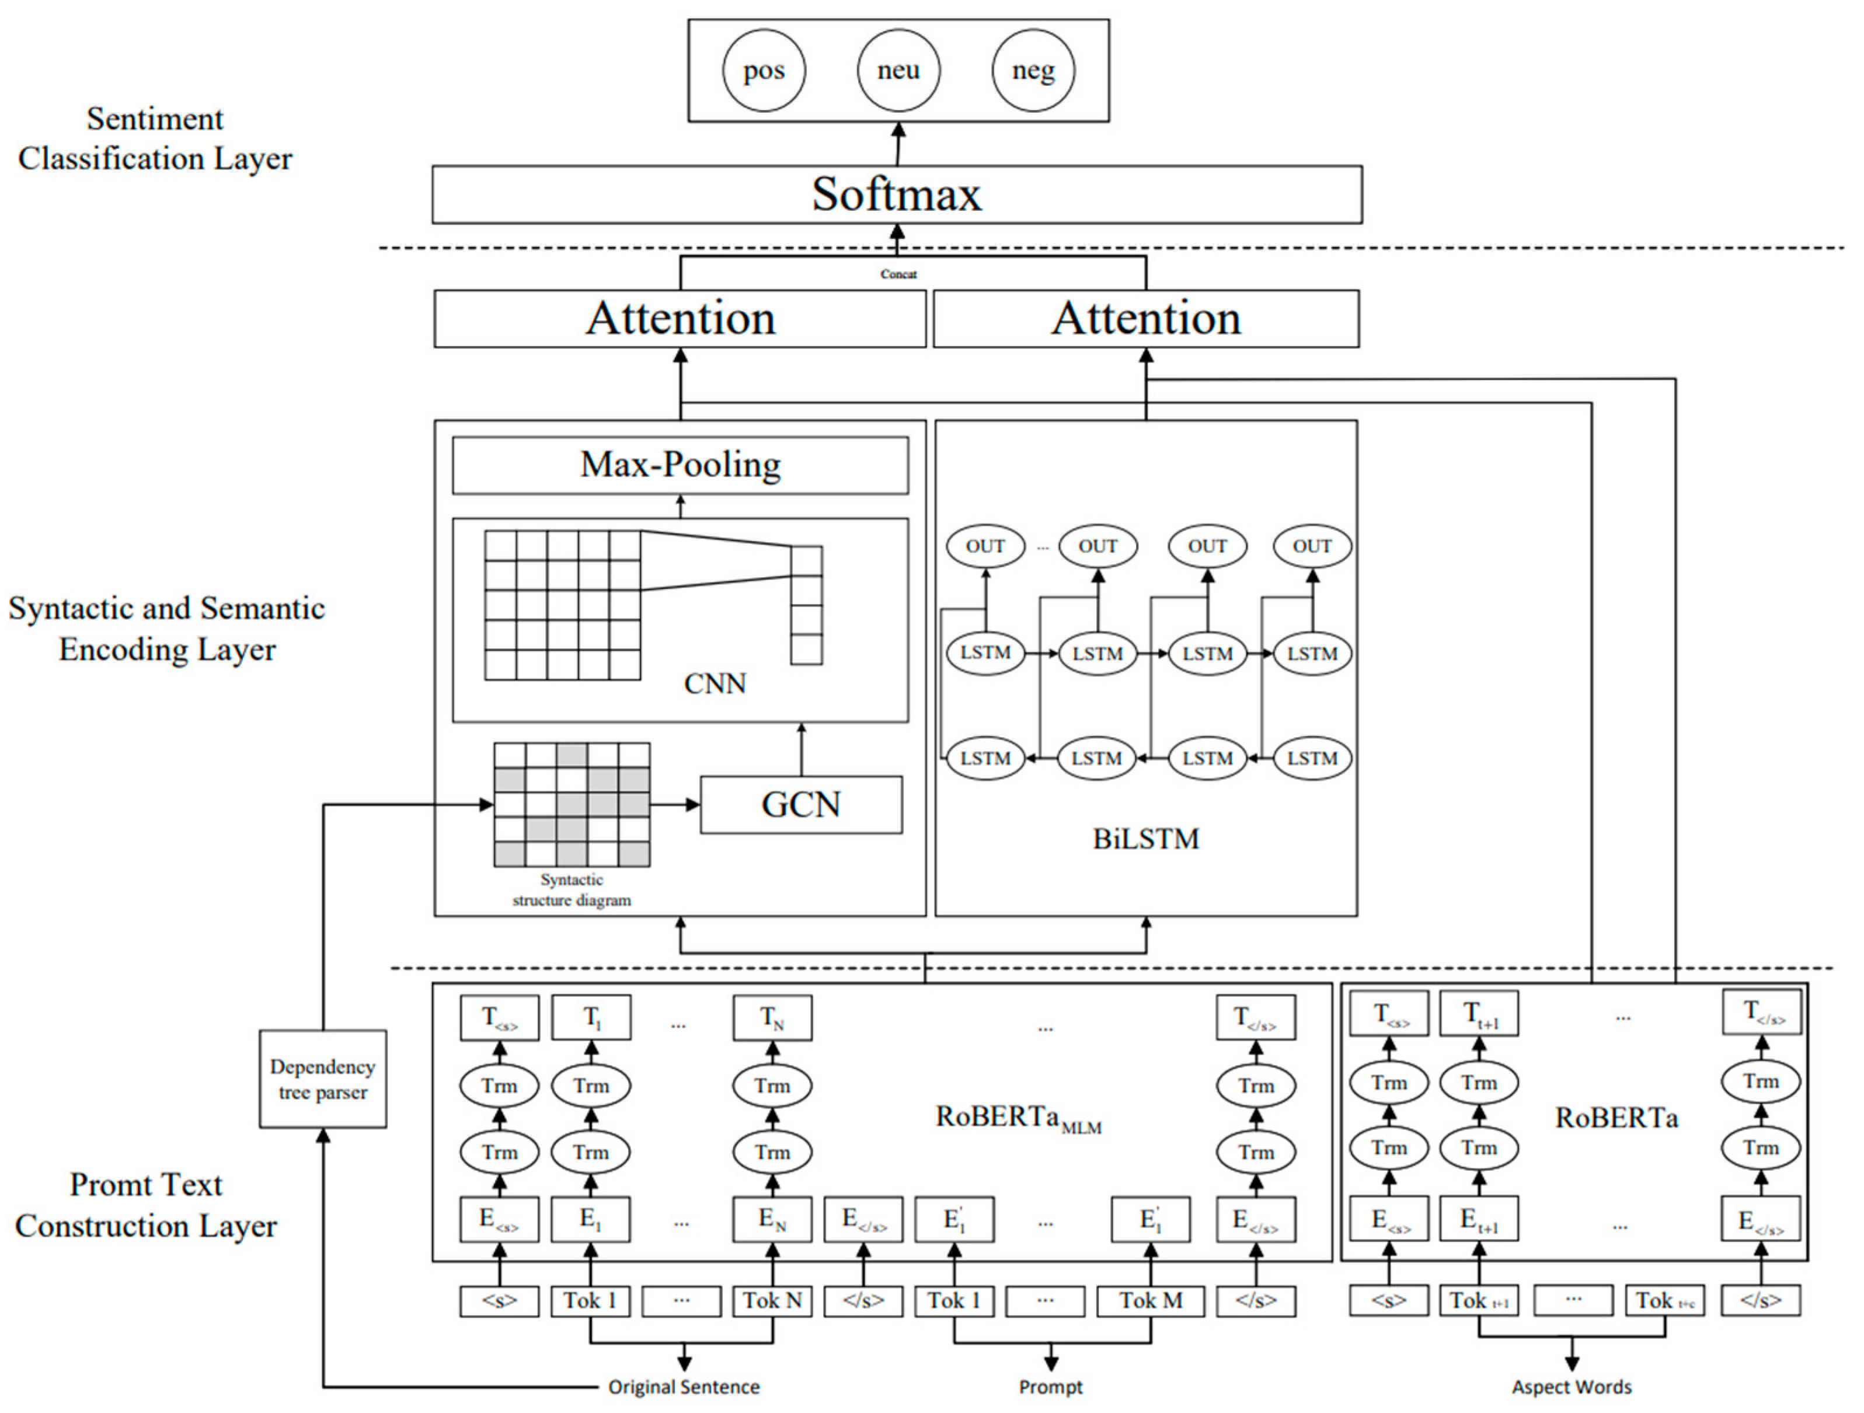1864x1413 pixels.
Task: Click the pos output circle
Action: [764, 71]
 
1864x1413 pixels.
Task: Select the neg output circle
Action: [1033, 71]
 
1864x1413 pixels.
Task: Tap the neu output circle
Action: [898, 71]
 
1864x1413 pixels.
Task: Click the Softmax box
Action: [897, 194]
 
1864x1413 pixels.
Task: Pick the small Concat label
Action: [898, 274]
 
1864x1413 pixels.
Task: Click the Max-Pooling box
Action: [680, 465]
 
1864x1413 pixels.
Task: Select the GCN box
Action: [800, 805]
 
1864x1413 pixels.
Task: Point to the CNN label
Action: [715, 683]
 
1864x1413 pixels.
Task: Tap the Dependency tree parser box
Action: [323, 1079]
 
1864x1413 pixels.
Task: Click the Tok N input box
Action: [772, 1301]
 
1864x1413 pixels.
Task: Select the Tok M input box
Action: [1150, 1301]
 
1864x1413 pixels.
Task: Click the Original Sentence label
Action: [684, 1387]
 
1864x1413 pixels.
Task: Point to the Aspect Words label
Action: [1571, 1387]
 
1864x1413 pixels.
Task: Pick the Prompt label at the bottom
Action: [1050, 1387]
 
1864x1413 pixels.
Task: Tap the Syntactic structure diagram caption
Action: [572, 889]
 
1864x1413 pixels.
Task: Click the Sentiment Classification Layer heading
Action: [155, 138]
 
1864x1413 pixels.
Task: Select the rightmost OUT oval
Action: [1312, 546]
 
